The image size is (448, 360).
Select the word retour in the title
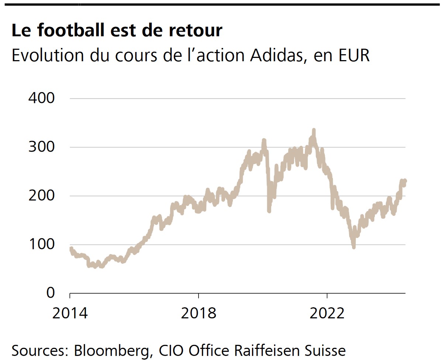196,30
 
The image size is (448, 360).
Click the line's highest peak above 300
314,130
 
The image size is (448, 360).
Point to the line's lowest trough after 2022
354,247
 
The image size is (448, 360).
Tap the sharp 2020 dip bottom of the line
269,211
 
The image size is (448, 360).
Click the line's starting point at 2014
70,248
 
